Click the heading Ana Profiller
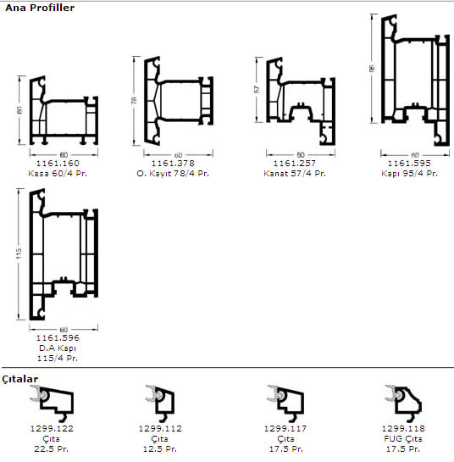coord(40,8)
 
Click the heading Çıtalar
coord(19,379)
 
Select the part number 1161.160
coord(58,163)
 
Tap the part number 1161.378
coord(173,163)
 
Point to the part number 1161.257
coord(295,163)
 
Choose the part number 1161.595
coord(409,163)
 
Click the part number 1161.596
coord(58,337)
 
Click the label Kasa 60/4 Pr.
coord(58,173)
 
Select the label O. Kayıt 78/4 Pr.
coord(173,173)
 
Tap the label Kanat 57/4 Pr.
coord(295,173)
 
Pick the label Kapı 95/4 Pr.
coord(409,173)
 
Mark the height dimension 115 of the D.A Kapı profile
coord(19,253)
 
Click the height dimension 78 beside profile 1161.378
coord(134,100)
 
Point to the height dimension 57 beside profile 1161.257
coord(257,89)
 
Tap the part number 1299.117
coord(285,428)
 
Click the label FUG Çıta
coord(403,439)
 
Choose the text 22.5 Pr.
coord(51,449)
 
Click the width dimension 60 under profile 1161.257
coord(301,154)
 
